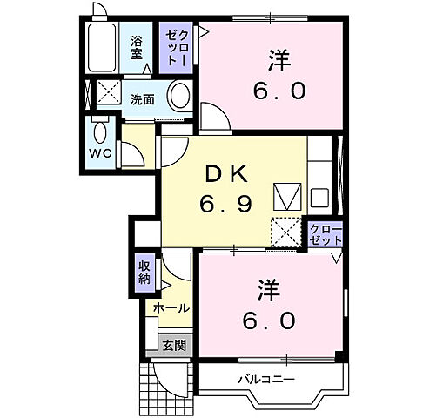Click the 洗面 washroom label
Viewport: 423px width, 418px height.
coord(143,99)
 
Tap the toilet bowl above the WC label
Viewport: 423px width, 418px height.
coord(101,132)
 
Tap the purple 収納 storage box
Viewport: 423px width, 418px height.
coord(144,272)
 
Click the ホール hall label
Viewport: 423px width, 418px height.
coord(171,308)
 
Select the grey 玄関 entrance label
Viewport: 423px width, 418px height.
coord(173,345)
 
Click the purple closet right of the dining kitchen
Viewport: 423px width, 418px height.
coord(326,233)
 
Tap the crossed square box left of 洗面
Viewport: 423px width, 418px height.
coord(107,92)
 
